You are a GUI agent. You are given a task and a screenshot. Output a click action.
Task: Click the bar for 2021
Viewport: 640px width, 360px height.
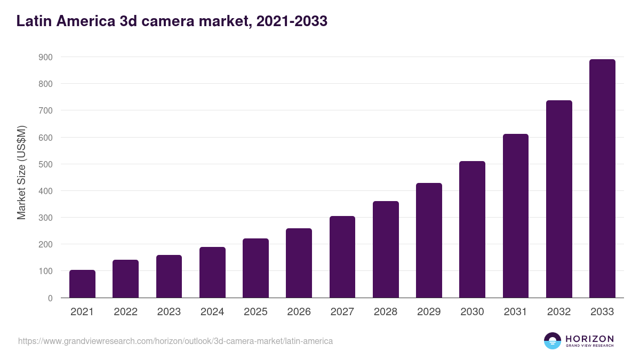point(82,284)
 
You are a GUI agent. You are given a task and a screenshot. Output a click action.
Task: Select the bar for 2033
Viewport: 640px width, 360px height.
point(602,179)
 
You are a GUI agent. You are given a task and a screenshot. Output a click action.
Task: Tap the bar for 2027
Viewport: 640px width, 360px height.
point(342,257)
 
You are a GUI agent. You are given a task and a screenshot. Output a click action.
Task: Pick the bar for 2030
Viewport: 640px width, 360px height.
point(472,229)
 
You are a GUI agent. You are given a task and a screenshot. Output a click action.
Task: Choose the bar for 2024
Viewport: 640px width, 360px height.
point(212,273)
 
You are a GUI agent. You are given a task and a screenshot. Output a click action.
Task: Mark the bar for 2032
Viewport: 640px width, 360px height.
point(559,199)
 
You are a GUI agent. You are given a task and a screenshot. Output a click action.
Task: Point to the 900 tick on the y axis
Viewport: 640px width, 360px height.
point(46,57)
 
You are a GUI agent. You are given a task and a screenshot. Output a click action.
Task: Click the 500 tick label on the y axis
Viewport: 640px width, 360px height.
point(46,164)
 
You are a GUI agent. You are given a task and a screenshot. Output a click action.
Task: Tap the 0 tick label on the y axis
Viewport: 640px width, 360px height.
point(50,298)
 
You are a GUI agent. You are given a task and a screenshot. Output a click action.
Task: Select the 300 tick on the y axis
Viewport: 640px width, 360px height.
point(46,218)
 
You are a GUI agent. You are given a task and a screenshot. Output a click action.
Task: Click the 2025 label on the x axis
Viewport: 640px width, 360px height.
point(255,312)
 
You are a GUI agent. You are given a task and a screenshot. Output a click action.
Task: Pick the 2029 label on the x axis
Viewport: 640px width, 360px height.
point(429,312)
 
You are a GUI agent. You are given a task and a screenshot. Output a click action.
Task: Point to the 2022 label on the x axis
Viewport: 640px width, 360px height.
point(125,312)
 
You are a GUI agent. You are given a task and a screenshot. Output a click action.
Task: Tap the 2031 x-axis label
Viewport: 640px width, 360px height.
point(516,312)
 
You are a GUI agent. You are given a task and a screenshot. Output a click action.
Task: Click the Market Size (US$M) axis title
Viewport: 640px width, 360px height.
point(21,172)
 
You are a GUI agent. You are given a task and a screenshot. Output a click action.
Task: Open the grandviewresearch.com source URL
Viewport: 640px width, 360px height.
point(175,341)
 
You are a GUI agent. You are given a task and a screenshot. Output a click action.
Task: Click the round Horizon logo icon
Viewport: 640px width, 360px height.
point(553,341)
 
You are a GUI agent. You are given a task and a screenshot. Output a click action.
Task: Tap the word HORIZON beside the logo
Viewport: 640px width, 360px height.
point(589,339)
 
